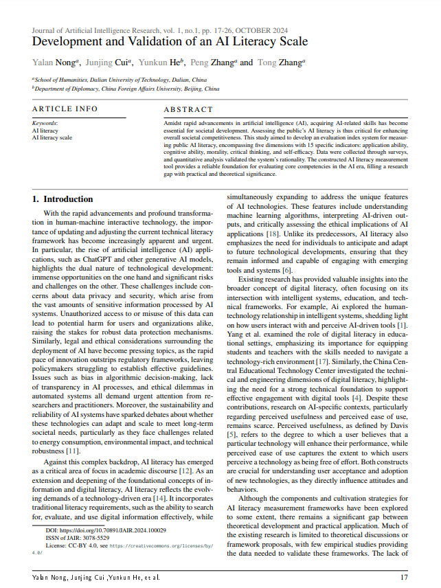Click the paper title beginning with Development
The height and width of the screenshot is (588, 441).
click(x=170, y=41)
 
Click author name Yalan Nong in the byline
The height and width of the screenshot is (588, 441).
click(x=54, y=63)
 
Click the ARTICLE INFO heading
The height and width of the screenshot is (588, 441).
click(x=65, y=109)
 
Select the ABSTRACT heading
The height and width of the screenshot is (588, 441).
click(x=188, y=109)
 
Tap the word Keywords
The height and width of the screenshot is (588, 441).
click(x=45, y=124)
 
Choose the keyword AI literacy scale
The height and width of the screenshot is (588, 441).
click(x=52, y=137)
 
